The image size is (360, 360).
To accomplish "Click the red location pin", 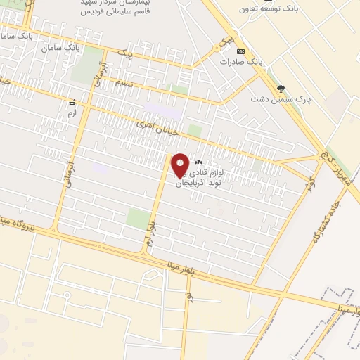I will (x=180, y=165).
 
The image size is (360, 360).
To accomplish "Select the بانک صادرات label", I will (x=236, y=62).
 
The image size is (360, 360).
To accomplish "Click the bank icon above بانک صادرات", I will (x=241, y=51).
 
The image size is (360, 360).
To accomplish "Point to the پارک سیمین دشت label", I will (x=279, y=99).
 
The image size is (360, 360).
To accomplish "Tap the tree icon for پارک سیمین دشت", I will (x=281, y=89).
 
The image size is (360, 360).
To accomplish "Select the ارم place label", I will (x=70, y=112).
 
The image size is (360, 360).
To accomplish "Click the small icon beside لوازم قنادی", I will (x=198, y=162).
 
